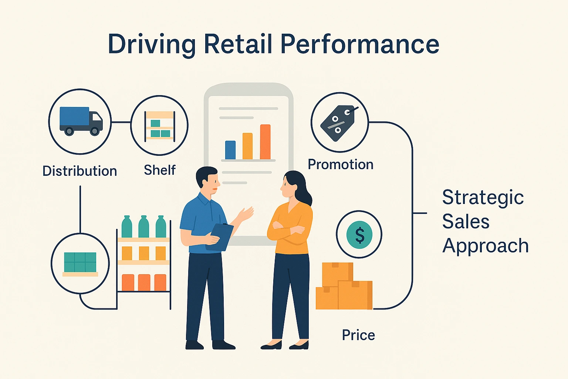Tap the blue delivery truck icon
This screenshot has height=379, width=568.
(81, 121)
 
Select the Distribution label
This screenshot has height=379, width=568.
(80, 171)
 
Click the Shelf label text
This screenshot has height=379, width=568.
(160, 170)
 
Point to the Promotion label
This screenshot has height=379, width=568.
(341, 164)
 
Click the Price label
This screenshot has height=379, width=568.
(358, 335)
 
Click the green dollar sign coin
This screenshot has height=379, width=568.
(359, 235)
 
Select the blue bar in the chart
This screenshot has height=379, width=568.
(230, 150)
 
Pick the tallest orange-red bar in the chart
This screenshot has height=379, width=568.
(265, 142)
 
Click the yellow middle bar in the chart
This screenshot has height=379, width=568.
(247, 146)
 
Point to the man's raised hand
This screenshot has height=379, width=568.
(246, 213)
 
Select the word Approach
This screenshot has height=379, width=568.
(485, 246)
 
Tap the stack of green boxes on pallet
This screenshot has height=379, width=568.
(80, 264)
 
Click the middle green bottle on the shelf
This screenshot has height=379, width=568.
(144, 227)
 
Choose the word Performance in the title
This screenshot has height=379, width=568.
(360, 44)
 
